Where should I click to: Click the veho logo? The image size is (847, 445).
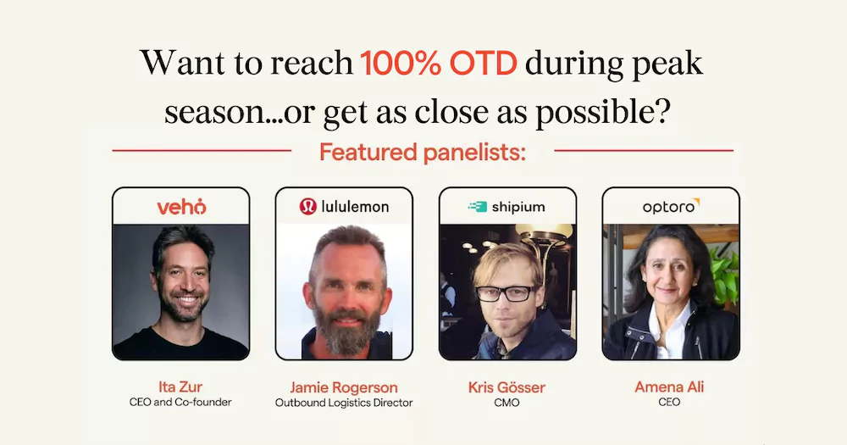point(181,207)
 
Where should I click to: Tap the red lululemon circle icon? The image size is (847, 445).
point(308,207)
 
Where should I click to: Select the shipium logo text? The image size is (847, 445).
point(518,207)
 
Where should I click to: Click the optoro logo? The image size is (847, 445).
point(671,206)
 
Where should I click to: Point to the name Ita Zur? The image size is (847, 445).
point(180,387)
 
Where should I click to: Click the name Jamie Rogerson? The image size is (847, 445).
point(344,387)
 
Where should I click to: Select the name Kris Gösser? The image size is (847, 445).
point(507,387)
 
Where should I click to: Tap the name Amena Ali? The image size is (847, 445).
point(669,387)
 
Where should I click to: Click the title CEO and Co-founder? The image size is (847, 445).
point(180,403)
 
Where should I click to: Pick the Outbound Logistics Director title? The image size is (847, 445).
point(344,403)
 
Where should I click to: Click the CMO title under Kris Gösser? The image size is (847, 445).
point(507,403)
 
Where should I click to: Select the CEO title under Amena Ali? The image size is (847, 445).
point(669,403)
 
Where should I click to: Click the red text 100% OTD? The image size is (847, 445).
point(439,64)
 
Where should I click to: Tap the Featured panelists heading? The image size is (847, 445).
point(423,153)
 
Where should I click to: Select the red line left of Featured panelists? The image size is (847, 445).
point(202,150)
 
